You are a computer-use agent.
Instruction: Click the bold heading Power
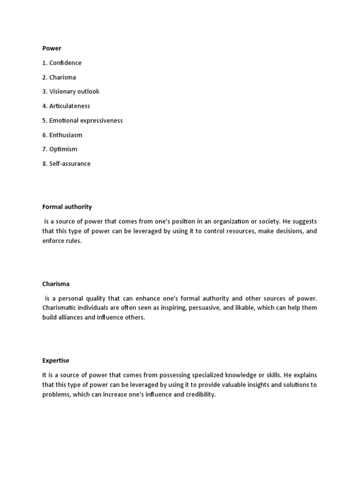(52, 48)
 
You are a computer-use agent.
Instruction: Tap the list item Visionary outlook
(70, 91)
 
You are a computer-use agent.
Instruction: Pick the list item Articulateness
(66, 106)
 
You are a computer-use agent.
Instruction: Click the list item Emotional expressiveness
(82, 120)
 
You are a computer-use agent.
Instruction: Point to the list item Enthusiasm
(62, 135)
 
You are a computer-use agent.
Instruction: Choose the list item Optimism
(60, 149)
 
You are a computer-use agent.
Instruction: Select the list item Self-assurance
(66, 164)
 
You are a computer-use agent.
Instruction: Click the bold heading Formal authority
(67, 207)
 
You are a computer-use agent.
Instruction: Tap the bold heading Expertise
(55, 360)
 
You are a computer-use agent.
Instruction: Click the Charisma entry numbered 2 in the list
(59, 77)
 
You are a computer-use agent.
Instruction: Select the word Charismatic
(61, 308)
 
